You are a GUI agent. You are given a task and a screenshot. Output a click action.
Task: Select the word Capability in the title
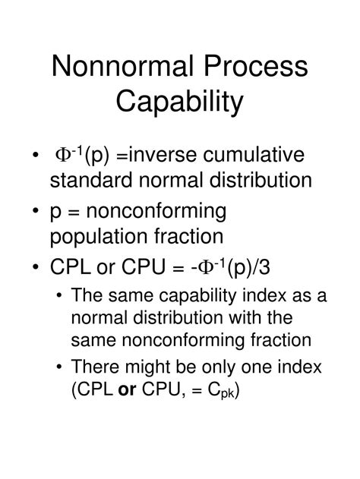[x=180, y=101]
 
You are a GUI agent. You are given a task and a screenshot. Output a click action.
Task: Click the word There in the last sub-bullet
[x=92, y=367]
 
